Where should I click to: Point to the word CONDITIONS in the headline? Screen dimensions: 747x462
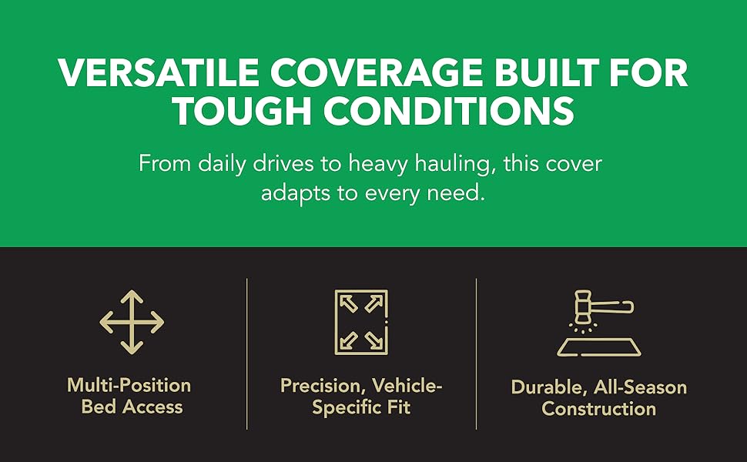pyautogui.click(x=449, y=111)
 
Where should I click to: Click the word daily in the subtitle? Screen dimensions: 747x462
pyautogui.click(x=222, y=164)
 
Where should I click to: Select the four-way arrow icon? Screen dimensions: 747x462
pyautogui.click(x=132, y=323)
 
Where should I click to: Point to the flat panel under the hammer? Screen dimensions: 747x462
pyautogui.click(x=599, y=347)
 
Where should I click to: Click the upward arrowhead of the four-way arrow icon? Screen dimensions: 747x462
pyautogui.click(x=132, y=296)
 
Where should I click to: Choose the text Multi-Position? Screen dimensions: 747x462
pyautogui.click(x=129, y=385)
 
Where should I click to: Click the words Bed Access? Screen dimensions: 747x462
pyautogui.click(x=132, y=407)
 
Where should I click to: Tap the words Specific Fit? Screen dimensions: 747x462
pyautogui.click(x=361, y=407)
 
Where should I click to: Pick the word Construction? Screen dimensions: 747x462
pyautogui.click(x=599, y=409)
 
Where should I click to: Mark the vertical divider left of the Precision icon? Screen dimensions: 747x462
pyautogui.click(x=246, y=354)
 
